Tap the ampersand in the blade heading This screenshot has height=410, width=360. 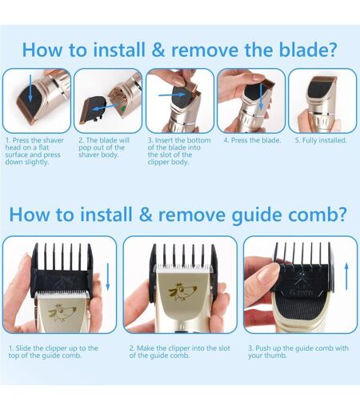158,50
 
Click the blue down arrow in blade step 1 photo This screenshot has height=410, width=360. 30,88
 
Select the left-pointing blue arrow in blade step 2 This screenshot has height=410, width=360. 106,107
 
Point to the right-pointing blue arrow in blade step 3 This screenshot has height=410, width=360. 172,94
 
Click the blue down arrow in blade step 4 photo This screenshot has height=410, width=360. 261,97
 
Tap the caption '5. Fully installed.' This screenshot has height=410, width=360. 321,140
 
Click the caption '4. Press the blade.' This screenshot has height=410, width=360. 252,140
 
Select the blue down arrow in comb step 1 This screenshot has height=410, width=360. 108,276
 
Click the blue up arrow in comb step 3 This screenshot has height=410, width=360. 346,276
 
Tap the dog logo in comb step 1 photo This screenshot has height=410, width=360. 62,312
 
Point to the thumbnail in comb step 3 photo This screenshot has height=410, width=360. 269,271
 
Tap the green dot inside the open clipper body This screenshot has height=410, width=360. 123,109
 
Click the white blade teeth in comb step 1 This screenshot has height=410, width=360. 63,295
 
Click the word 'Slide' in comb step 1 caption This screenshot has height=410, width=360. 24,348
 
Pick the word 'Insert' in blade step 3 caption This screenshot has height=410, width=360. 164,140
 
